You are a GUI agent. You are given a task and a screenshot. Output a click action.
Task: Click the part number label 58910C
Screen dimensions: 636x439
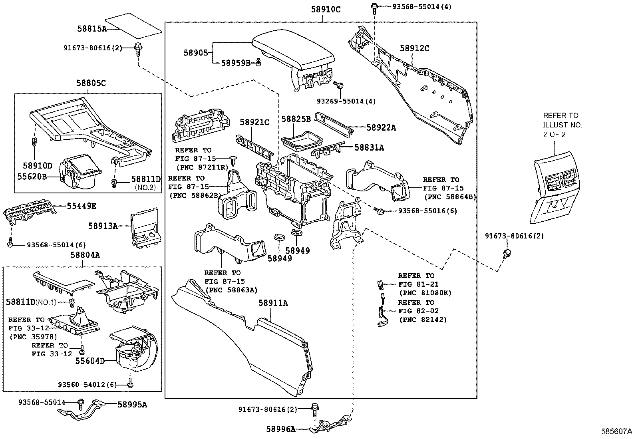click(x=326, y=9)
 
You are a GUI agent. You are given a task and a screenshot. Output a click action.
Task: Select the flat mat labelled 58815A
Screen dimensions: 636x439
click(x=133, y=26)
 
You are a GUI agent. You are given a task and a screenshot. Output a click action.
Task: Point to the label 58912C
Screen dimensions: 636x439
click(x=415, y=48)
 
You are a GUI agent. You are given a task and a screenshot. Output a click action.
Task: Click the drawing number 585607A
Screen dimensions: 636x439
click(x=616, y=431)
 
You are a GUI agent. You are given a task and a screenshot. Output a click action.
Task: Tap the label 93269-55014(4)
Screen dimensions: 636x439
click(x=346, y=101)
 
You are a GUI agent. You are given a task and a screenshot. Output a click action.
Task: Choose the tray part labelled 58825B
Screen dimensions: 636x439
click(x=302, y=140)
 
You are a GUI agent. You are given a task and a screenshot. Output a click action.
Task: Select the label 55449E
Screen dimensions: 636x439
click(x=81, y=206)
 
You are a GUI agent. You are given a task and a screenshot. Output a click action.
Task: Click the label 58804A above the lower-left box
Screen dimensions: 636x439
click(x=85, y=255)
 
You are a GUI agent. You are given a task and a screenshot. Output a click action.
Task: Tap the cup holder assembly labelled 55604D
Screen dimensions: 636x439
click(x=133, y=349)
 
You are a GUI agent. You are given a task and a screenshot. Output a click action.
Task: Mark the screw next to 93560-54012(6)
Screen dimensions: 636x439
click(x=130, y=383)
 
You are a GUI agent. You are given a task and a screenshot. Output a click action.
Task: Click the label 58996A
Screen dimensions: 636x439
click(x=281, y=429)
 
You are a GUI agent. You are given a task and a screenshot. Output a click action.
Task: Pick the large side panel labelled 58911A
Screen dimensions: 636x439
click(x=241, y=338)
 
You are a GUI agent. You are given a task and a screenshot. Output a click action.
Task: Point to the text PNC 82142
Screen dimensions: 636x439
click(x=423, y=320)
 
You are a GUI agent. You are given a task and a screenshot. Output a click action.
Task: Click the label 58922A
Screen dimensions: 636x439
click(x=381, y=127)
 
